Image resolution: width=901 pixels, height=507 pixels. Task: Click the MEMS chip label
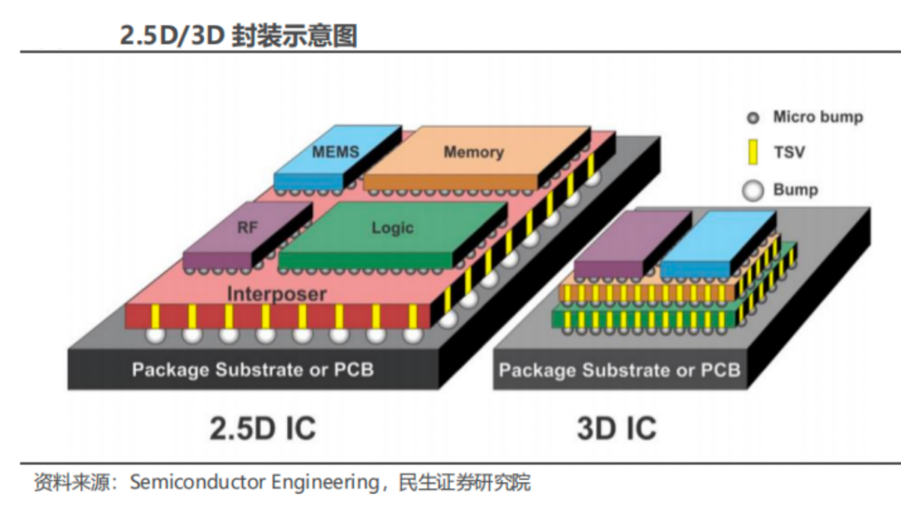coord(335,152)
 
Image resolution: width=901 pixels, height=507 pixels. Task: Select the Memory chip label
coord(473,152)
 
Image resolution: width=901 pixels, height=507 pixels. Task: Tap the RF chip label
coord(248,226)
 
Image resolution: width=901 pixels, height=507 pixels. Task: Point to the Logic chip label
coord(392,228)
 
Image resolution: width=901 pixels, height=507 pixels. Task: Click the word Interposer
coord(276,294)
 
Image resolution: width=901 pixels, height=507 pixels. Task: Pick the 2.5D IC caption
coord(262,428)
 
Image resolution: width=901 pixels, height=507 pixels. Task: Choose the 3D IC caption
coord(617,428)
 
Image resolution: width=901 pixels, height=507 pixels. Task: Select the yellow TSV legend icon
coord(753,153)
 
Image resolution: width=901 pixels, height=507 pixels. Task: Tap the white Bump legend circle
coord(753,190)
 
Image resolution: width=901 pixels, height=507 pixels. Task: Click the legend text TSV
coord(789,153)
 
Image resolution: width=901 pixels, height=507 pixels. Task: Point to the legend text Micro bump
coord(818,117)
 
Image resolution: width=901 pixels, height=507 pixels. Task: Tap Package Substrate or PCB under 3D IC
coord(619,370)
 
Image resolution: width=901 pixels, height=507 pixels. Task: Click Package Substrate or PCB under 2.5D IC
coord(253,369)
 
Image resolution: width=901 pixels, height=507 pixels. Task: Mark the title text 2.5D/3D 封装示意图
coord(239,36)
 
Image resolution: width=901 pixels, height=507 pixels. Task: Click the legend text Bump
coord(795,190)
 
